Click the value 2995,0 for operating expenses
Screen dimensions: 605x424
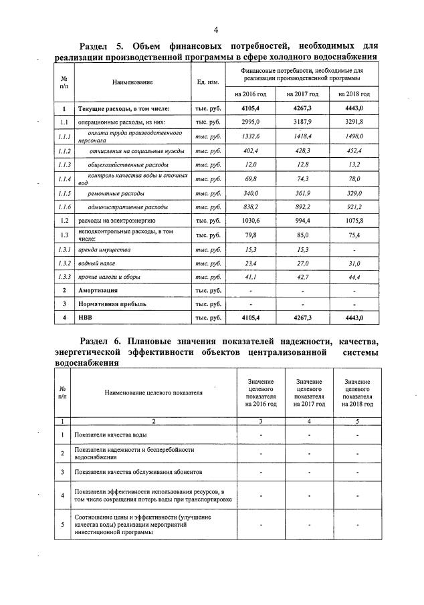point(249,122)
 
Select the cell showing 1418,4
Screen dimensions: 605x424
point(301,136)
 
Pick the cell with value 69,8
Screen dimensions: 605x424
point(249,179)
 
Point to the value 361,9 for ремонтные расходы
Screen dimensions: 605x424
point(301,193)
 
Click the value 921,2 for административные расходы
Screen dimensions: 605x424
point(354,207)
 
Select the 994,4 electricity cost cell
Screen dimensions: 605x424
point(301,220)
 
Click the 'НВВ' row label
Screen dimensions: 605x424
point(86,318)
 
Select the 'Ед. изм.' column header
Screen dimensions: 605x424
point(209,82)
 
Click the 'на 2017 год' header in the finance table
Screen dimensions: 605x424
point(301,94)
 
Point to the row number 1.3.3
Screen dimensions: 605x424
point(64,276)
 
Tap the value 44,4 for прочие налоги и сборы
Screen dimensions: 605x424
point(354,276)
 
